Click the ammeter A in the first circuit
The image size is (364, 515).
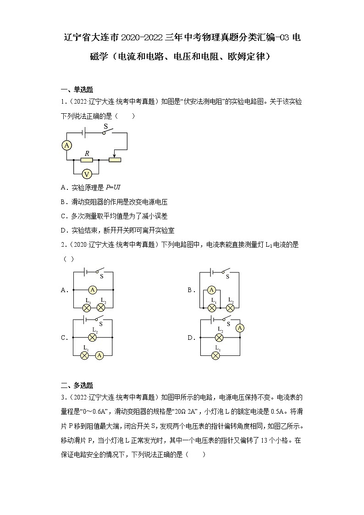click(x=67, y=145)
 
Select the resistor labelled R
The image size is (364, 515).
click(x=86, y=160)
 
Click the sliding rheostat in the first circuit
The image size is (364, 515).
click(x=115, y=160)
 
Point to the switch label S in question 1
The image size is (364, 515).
click(x=105, y=126)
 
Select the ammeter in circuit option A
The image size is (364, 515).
click(x=93, y=290)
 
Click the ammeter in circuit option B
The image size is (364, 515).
click(x=211, y=290)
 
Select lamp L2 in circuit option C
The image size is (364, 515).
click(x=93, y=337)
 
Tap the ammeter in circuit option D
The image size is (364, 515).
click(x=239, y=327)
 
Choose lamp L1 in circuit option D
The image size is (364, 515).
click(x=219, y=355)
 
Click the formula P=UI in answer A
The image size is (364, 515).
click(x=113, y=188)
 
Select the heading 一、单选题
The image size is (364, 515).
click(x=77, y=89)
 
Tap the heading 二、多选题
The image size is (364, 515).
click(x=77, y=385)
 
